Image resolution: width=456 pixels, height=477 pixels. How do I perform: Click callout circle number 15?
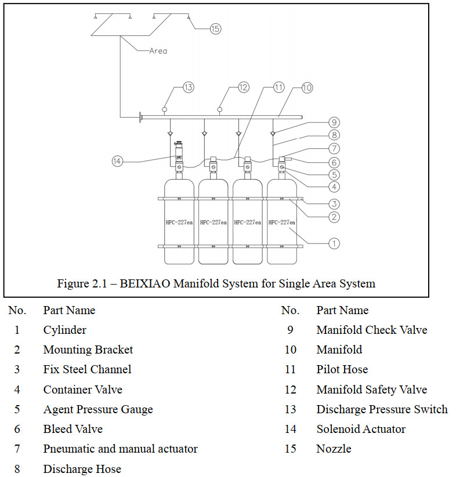pyautogui.click(x=215, y=29)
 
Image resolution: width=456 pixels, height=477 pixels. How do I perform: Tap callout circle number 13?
pyautogui.click(x=189, y=88)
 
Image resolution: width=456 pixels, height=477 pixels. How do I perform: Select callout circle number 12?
pyautogui.click(x=243, y=88)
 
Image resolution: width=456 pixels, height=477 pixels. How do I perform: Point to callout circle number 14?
pyautogui.click(x=118, y=161)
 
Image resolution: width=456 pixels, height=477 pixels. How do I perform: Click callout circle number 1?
pyautogui.click(x=334, y=243)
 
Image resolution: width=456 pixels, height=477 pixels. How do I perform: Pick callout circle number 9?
pyautogui.click(x=334, y=122)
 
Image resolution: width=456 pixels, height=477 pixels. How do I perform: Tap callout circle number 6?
pyautogui.click(x=334, y=162)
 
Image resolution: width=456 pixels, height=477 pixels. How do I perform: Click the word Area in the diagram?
pyautogui.click(x=158, y=51)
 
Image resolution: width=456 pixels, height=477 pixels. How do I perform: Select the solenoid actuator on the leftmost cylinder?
pyautogui.click(x=179, y=151)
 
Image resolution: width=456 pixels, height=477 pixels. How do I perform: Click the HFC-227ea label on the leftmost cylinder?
pyautogui.click(x=179, y=223)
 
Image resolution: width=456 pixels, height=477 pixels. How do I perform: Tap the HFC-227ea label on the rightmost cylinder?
pyautogui.click(x=281, y=223)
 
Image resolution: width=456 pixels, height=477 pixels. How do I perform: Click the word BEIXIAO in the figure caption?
pyautogui.click(x=145, y=283)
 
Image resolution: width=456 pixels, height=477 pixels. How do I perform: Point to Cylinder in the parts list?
pyautogui.click(x=65, y=330)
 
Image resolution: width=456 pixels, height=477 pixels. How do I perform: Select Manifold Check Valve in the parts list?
pyautogui.click(x=372, y=330)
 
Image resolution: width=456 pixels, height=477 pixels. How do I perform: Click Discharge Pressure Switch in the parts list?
pyautogui.click(x=382, y=409)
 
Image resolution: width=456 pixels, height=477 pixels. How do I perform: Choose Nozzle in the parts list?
pyautogui.click(x=334, y=449)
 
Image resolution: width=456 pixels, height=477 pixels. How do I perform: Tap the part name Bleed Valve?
pyautogui.click(x=73, y=429)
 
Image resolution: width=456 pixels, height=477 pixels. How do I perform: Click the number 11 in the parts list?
pyautogui.click(x=291, y=370)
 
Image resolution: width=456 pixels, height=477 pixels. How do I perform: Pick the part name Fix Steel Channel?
pyautogui.click(x=88, y=370)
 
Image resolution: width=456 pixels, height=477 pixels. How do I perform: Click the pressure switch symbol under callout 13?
pyautogui.click(x=164, y=109)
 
